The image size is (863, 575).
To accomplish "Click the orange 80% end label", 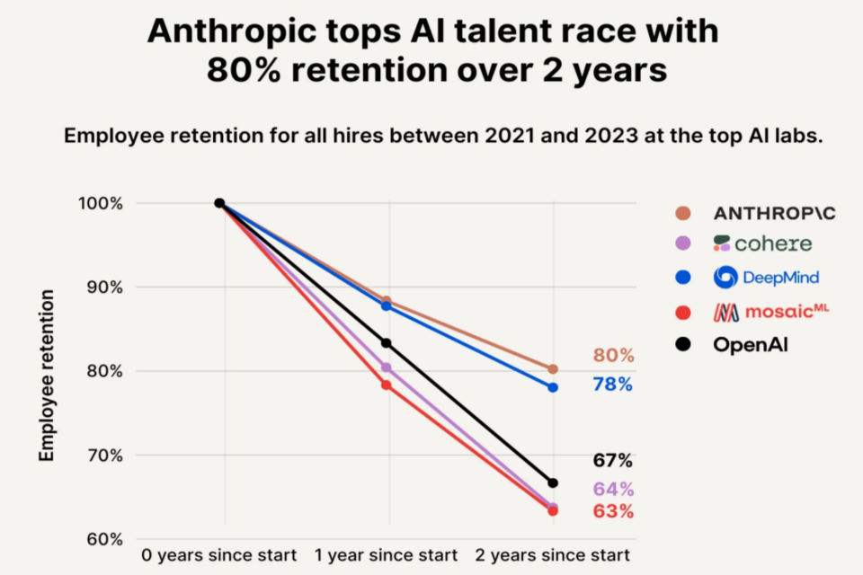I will [613, 356].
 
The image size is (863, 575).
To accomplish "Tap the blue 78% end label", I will [613, 385].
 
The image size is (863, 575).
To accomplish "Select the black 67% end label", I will [613, 461].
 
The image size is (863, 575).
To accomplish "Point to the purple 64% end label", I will [613, 490].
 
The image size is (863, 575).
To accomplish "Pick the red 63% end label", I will [613, 512].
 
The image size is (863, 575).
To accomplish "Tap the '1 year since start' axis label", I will [387, 554].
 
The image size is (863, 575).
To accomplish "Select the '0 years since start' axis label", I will [223, 554].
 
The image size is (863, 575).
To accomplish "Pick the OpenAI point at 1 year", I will [387, 343].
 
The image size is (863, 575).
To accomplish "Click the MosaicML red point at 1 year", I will [387, 385].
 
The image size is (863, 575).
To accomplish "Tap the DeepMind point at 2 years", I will [553, 387].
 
